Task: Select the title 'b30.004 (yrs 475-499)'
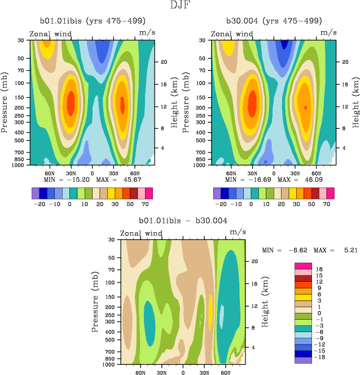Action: (x=273, y=21)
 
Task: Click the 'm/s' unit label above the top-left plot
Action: (x=147, y=33)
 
